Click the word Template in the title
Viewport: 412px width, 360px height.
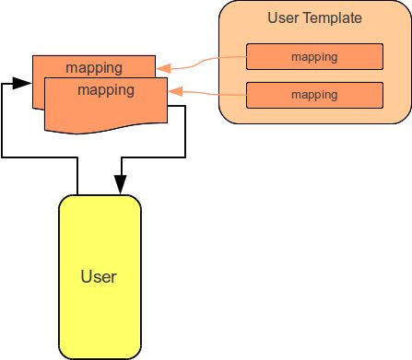coord(333,17)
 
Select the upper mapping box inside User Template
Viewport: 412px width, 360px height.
coord(314,57)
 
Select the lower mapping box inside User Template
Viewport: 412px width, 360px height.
coord(314,95)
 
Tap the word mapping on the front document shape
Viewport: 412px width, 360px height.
coord(106,90)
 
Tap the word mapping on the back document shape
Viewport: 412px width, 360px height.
coord(94,67)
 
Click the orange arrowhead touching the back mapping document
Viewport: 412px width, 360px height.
coord(162,66)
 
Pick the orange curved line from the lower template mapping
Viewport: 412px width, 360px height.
coord(212,93)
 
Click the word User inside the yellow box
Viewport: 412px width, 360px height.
coord(99,275)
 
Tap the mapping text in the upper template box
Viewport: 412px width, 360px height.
coord(314,57)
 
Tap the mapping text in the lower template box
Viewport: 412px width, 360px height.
coord(314,95)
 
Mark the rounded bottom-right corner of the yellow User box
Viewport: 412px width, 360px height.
coord(137,353)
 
